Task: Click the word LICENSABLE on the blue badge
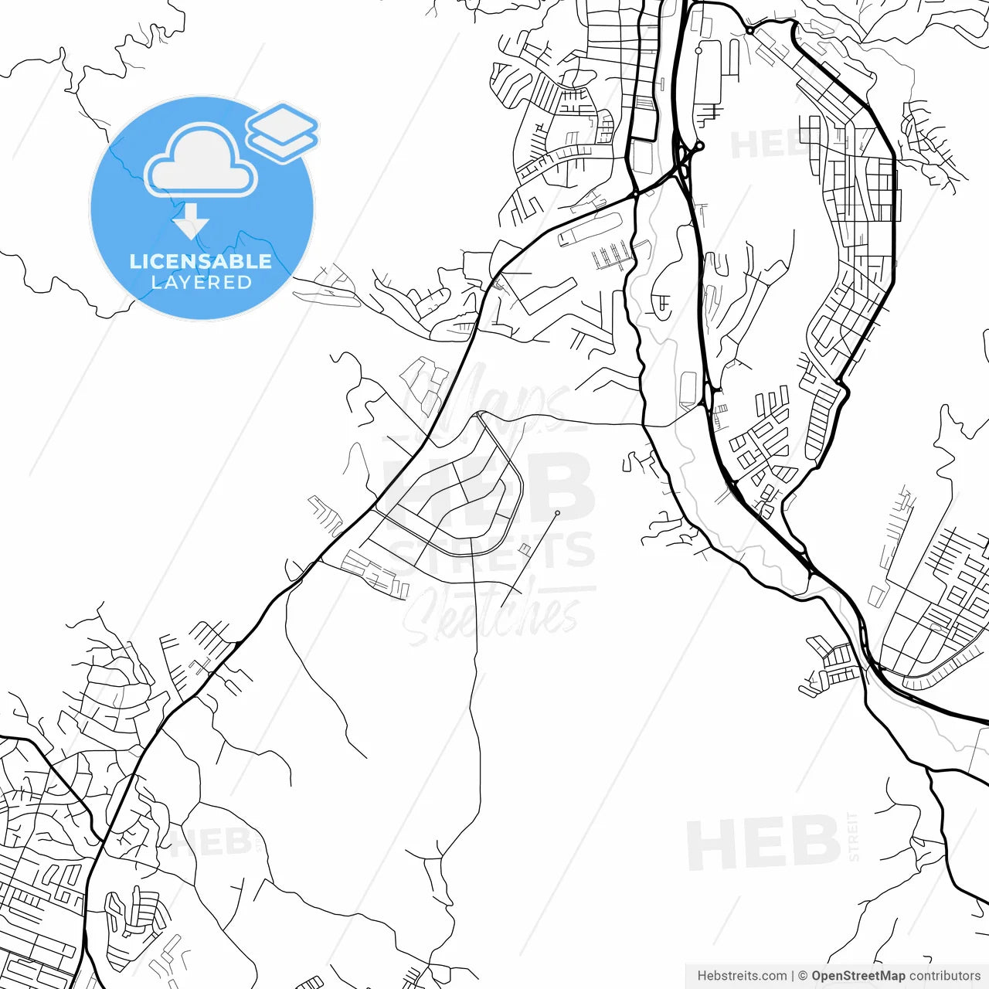tap(201, 261)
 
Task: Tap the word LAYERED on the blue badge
tap(201, 283)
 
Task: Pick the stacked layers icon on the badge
tap(283, 132)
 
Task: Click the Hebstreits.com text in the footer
tap(742, 976)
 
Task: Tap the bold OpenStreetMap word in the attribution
tap(858, 976)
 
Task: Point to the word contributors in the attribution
tap(944, 976)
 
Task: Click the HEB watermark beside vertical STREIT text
tap(763, 843)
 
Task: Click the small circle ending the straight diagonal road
tap(557, 513)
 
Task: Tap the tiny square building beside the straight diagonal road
tap(525, 549)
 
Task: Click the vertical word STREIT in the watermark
tap(853, 837)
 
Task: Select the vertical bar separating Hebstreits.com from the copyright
tap(793, 976)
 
